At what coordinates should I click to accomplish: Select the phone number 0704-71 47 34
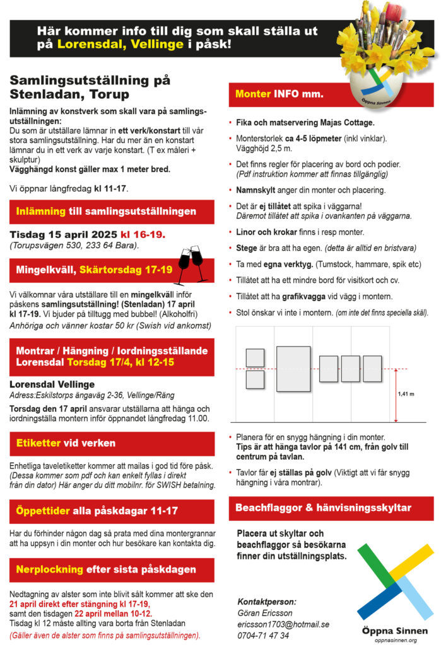click(263, 635)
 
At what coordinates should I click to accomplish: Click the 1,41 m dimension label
click(406, 394)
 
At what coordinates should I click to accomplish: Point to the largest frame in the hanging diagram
click(293, 368)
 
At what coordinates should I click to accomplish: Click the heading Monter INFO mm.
click(279, 94)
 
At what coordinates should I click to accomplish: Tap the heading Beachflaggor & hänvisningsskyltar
click(323, 508)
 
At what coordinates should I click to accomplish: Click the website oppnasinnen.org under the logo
click(396, 640)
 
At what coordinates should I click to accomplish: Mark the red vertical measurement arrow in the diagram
click(396, 395)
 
